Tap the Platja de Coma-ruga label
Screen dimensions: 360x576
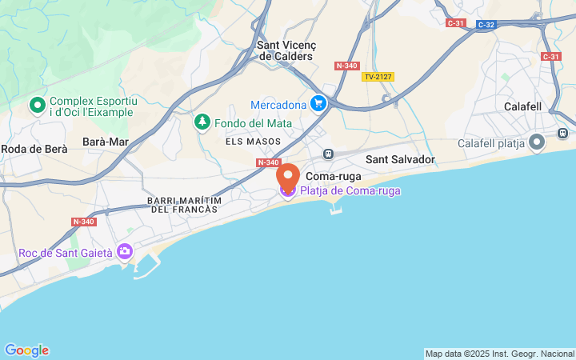coord(350,190)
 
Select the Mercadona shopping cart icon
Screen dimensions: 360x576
coord(318,104)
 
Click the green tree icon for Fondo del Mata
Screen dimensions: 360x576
coord(202,122)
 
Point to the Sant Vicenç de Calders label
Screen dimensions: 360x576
coord(286,51)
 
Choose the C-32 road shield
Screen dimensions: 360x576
coord(486,25)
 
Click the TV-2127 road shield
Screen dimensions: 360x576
coord(378,77)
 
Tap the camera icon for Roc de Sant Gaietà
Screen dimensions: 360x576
coord(124,252)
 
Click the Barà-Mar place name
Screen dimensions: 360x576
coord(106,142)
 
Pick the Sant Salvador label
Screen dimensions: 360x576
coord(400,159)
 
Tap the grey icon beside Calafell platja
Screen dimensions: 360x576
coord(536,142)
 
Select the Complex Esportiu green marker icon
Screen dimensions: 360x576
coord(37,105)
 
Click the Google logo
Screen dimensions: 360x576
coord(26,350)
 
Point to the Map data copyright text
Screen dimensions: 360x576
coord(499,354)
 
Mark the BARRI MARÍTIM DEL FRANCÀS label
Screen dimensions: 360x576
coord(183,204)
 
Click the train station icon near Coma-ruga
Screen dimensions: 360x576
coord(327,154)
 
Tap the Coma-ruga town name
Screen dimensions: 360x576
coord(334,176)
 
